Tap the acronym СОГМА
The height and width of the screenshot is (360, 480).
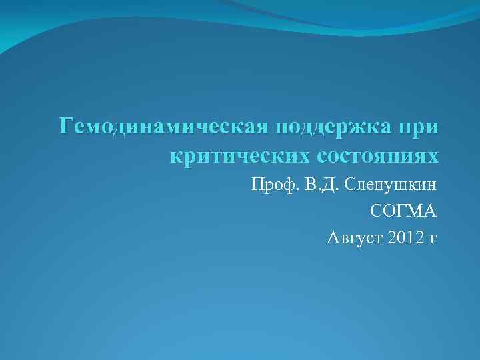pos(403,211)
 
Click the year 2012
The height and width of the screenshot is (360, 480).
pos(402,237)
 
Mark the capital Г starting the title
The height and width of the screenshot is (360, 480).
pos(65,125)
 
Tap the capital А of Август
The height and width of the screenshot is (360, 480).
pos(332,237)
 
